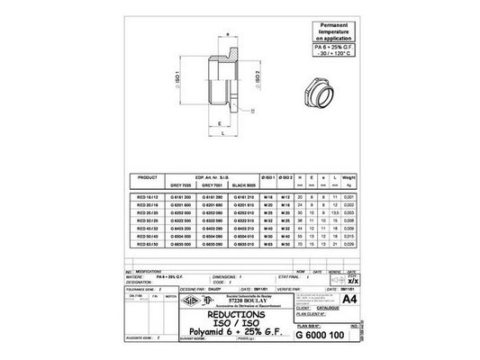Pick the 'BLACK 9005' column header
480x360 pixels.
(246, 184)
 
